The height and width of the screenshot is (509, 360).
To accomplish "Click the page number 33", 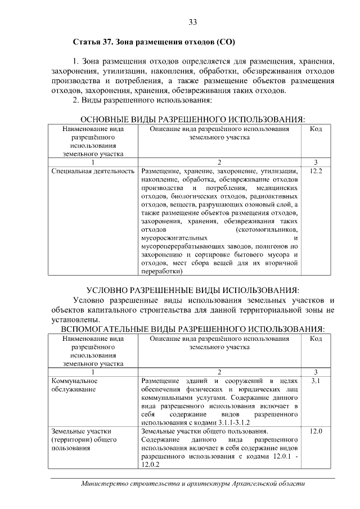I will [192, 22].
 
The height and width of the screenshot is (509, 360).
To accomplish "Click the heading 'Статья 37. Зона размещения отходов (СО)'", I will [154, 42].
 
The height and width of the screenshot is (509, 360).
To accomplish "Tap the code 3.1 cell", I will [316, 381].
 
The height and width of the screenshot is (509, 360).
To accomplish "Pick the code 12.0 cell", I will [316, 431].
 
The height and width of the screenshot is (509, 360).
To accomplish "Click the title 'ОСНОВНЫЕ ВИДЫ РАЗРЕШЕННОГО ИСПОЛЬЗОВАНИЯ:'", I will [192, 120].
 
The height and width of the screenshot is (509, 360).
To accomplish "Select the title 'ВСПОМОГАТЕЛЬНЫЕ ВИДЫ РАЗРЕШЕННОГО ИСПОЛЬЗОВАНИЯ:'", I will [192, 328].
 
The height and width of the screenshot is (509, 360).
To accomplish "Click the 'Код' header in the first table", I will [316, 129].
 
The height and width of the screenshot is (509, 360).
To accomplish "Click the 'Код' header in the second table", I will [316, 339].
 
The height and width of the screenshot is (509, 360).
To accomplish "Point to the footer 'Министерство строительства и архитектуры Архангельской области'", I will [192, 484].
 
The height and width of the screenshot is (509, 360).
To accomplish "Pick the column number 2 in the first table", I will [219, 162].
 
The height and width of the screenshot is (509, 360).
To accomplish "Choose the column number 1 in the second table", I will [93, 372].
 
